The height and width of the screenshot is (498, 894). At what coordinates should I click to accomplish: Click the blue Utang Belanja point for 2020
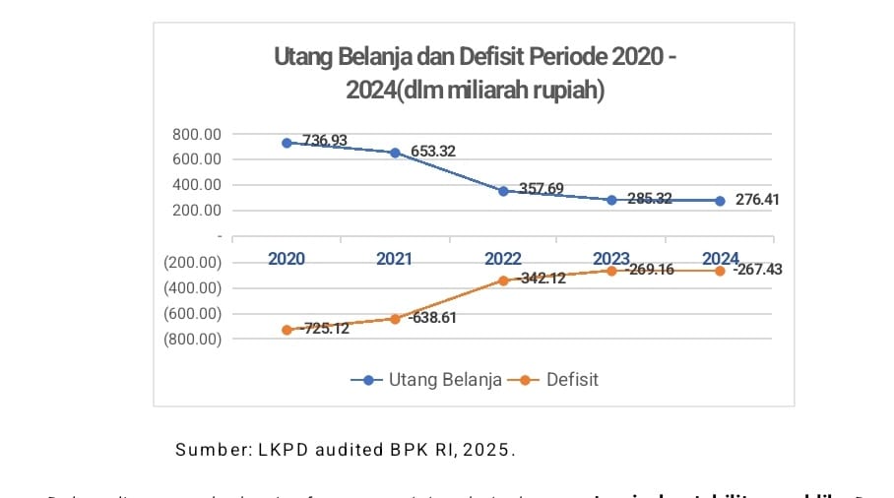pos(287,143)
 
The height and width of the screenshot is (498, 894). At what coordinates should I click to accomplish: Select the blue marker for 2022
pos(503,191)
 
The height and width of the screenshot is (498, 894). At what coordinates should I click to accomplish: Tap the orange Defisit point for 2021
pos(395,319)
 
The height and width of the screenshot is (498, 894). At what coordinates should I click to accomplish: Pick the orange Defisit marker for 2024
pos(720,271)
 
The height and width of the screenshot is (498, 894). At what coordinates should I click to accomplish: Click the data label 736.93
pos(325,141)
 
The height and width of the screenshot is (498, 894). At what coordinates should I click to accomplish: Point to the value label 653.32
pos(433,152)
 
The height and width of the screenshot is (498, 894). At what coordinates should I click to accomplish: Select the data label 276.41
pos(758,200)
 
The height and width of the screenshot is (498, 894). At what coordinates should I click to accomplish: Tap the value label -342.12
pos(540,280)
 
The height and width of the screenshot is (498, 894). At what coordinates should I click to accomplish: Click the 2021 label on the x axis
pos(394,259)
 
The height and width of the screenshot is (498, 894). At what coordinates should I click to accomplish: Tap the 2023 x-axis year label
pos(610,259)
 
